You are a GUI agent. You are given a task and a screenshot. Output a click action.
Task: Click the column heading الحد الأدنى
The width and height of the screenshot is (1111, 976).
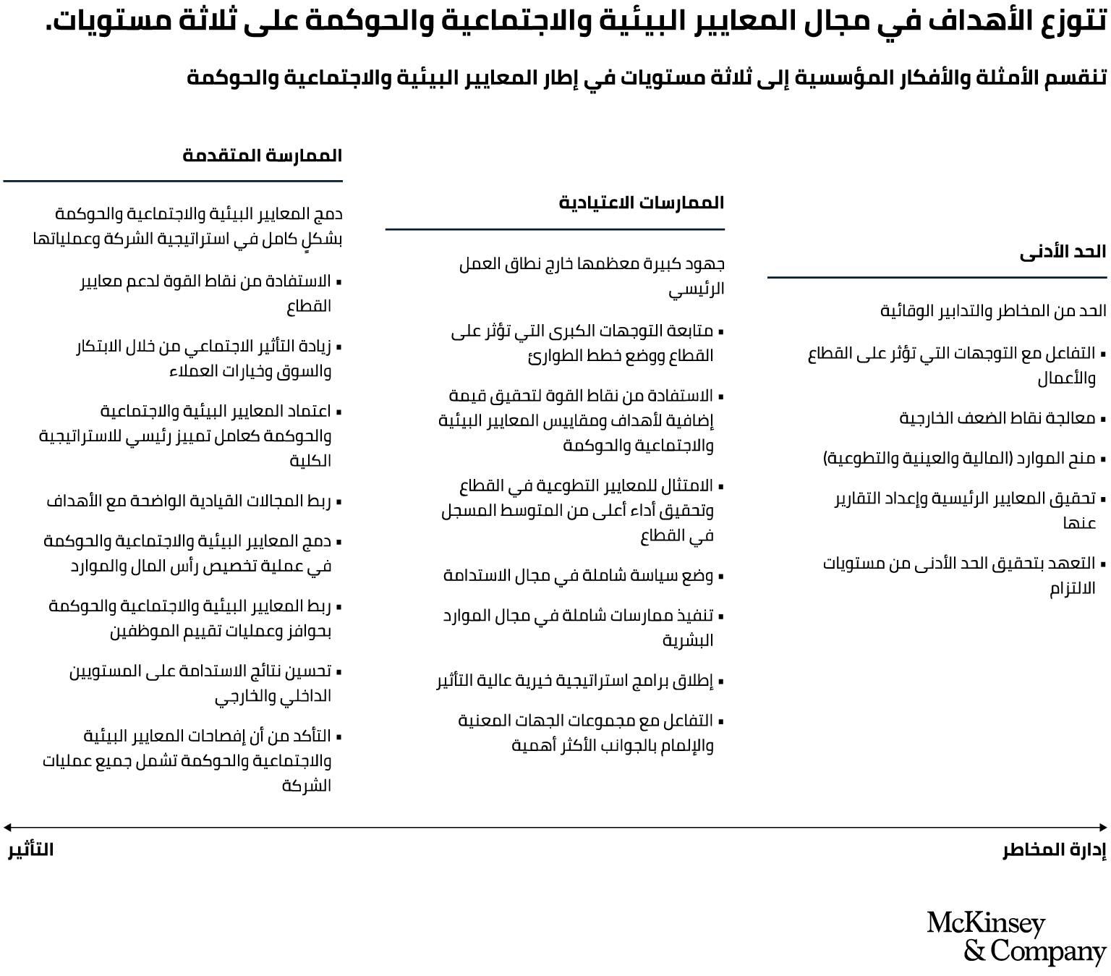tap(1063, 252)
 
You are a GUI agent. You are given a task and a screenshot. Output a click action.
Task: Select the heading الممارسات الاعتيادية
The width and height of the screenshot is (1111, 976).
tap(642, 203)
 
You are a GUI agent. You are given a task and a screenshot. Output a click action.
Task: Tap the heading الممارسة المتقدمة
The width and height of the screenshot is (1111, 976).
tap(262, 156)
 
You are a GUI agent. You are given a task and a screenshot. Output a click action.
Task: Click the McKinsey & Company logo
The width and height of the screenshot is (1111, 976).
tap(1016, 938)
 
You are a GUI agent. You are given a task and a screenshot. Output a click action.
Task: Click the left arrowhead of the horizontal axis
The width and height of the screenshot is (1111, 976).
tap(7, 827)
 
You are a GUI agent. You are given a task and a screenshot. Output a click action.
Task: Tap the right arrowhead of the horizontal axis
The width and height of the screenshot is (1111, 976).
tap(1103, 827)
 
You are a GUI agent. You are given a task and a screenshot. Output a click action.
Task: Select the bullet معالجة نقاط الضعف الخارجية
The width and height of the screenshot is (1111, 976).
tap(997, 418)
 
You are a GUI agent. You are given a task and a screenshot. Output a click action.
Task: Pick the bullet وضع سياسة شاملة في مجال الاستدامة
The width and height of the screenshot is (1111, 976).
tap(578, 576)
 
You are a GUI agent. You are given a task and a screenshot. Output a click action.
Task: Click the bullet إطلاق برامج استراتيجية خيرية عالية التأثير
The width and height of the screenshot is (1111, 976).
tap(575, 681)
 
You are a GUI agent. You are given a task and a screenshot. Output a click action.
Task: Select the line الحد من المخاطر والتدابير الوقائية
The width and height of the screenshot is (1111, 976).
tap(993, 311)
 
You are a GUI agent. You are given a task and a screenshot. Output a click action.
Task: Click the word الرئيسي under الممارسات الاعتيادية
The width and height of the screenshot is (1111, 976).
tap(696, 289)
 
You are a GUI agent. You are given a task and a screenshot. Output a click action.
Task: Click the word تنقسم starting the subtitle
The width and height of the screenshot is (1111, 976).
tap(1078, 77)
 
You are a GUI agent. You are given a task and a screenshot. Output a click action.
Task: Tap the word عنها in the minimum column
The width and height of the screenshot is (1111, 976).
tap(1079, 523)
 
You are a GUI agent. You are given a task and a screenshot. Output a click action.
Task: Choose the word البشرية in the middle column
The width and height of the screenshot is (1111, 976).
tap(688, 640)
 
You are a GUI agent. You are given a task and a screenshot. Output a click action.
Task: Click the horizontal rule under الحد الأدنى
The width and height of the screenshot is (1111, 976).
tap(937, 277)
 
